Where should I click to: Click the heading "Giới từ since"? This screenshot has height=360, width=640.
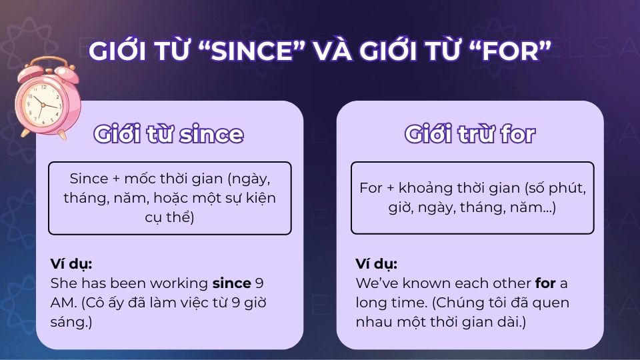(x=169, y=134)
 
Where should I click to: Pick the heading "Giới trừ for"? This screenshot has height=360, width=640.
(x=470, y=134)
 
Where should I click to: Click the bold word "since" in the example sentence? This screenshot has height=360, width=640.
(x=232, y=283)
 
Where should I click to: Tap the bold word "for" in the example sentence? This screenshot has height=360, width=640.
(x=545, y=283)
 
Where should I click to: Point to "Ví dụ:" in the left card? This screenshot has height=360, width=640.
(x=71, y=263)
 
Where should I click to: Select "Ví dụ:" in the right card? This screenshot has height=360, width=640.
(x=377, y=263)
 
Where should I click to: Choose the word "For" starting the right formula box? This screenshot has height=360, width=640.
(x=371, y=188)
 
